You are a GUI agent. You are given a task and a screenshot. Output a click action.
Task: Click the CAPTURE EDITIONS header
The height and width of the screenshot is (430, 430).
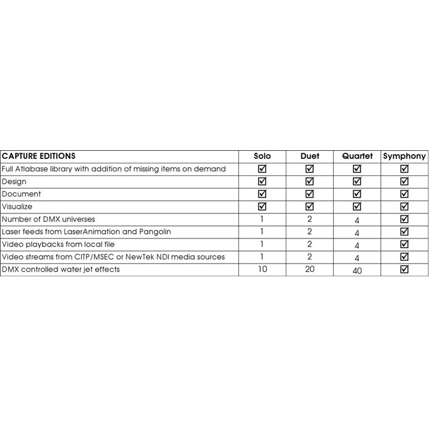coord(39,156)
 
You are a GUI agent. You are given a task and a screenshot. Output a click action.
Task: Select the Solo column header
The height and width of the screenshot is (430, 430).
coord(262,156)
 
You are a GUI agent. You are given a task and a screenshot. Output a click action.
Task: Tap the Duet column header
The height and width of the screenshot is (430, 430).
coord(310,156)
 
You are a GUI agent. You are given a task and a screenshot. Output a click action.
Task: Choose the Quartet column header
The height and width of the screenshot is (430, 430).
coord(357,156)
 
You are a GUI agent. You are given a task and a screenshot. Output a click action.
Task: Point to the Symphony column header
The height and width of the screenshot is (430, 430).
coord(404,156)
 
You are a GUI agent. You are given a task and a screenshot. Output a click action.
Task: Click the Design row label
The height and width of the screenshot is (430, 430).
coord(14,182)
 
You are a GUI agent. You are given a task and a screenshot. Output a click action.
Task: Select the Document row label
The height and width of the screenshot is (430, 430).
coord(21,194)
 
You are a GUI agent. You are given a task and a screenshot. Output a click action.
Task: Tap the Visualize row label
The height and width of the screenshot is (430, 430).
coord(17,206)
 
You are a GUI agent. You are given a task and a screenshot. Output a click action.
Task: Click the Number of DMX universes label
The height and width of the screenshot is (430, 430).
coord(49,219)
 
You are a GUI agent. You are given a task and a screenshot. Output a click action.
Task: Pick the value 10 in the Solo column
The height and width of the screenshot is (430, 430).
coord(262,269)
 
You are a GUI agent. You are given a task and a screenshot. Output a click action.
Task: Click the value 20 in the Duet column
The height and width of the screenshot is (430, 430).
coord(310,269)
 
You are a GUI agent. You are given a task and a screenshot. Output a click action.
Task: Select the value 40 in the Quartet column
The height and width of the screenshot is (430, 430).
coord(357,271)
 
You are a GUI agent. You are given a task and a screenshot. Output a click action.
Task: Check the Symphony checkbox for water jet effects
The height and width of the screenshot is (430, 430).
coord(404,269)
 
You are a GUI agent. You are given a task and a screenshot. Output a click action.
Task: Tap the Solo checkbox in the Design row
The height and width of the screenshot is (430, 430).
coord(262,181)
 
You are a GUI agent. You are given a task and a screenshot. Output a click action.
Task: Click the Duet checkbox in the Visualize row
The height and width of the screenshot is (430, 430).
coord(310,206)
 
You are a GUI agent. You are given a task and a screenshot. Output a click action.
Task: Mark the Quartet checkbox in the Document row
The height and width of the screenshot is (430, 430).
coord(357,194)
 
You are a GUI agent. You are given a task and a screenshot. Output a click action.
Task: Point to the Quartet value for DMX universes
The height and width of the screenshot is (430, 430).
coord(357,221)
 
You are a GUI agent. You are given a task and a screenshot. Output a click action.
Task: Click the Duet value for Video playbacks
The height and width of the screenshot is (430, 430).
coord(310,244)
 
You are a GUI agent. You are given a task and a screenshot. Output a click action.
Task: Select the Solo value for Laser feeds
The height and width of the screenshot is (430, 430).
coord(262,231)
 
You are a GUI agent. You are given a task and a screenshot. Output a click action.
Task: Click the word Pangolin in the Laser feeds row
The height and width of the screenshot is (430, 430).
coord(154,232)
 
